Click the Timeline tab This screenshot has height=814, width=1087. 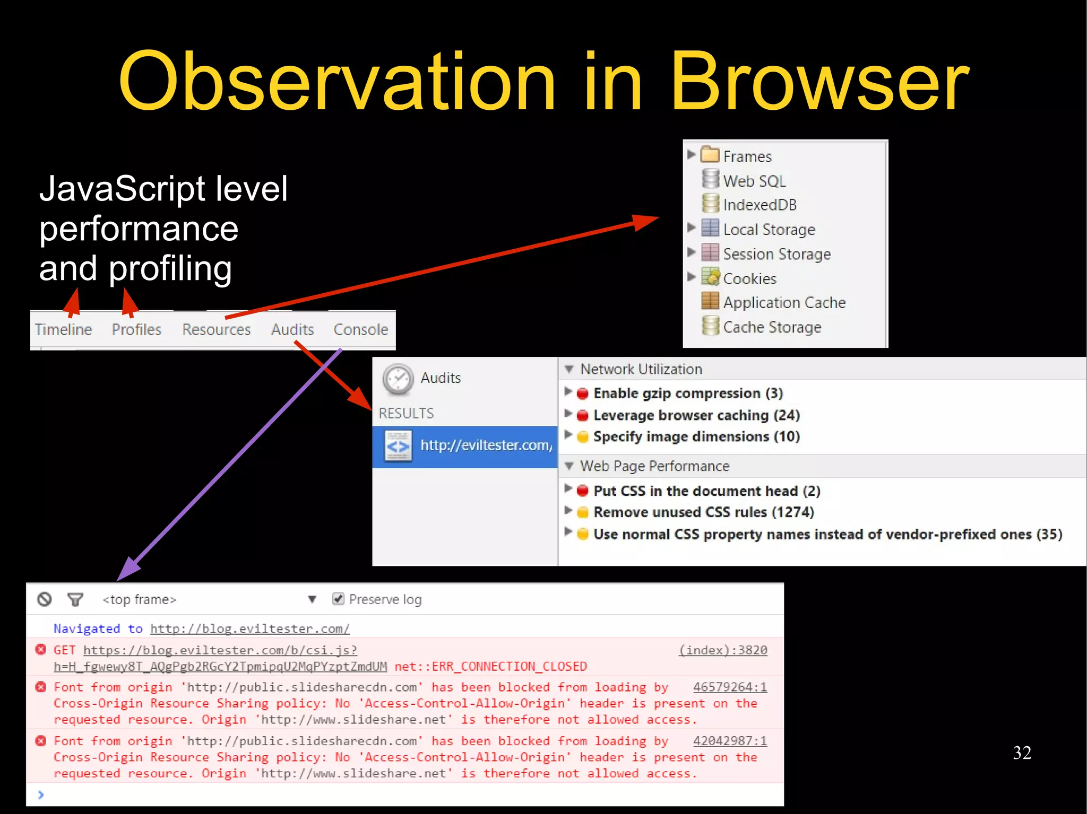(x=63, y=329)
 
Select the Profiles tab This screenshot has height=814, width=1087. (x=136, y=329)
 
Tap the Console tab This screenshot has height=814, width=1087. (x=360, y=329)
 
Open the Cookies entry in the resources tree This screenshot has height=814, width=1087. (x=749, y=278)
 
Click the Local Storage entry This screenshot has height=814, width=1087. (x=769, y=229)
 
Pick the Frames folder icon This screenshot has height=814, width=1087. (x=710, y=155)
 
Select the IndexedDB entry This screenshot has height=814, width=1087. (x=760, y=205)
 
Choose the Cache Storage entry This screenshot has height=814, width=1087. (x=772, y=327)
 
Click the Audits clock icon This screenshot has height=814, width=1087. (x=398, y=379)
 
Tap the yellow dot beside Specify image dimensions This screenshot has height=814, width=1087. (x=583, y=437)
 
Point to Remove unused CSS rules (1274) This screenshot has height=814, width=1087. (x=703, y=512)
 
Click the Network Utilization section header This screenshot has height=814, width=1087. (x=641, y=369)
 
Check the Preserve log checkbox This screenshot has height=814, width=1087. (x=338, y=599)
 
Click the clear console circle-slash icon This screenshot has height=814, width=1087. (x=45, y=599)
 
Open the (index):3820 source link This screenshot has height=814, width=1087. (x=723, y=650)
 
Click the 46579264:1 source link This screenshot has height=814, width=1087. (x=730, y=687)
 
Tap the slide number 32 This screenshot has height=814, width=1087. (x=1022, y=752)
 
